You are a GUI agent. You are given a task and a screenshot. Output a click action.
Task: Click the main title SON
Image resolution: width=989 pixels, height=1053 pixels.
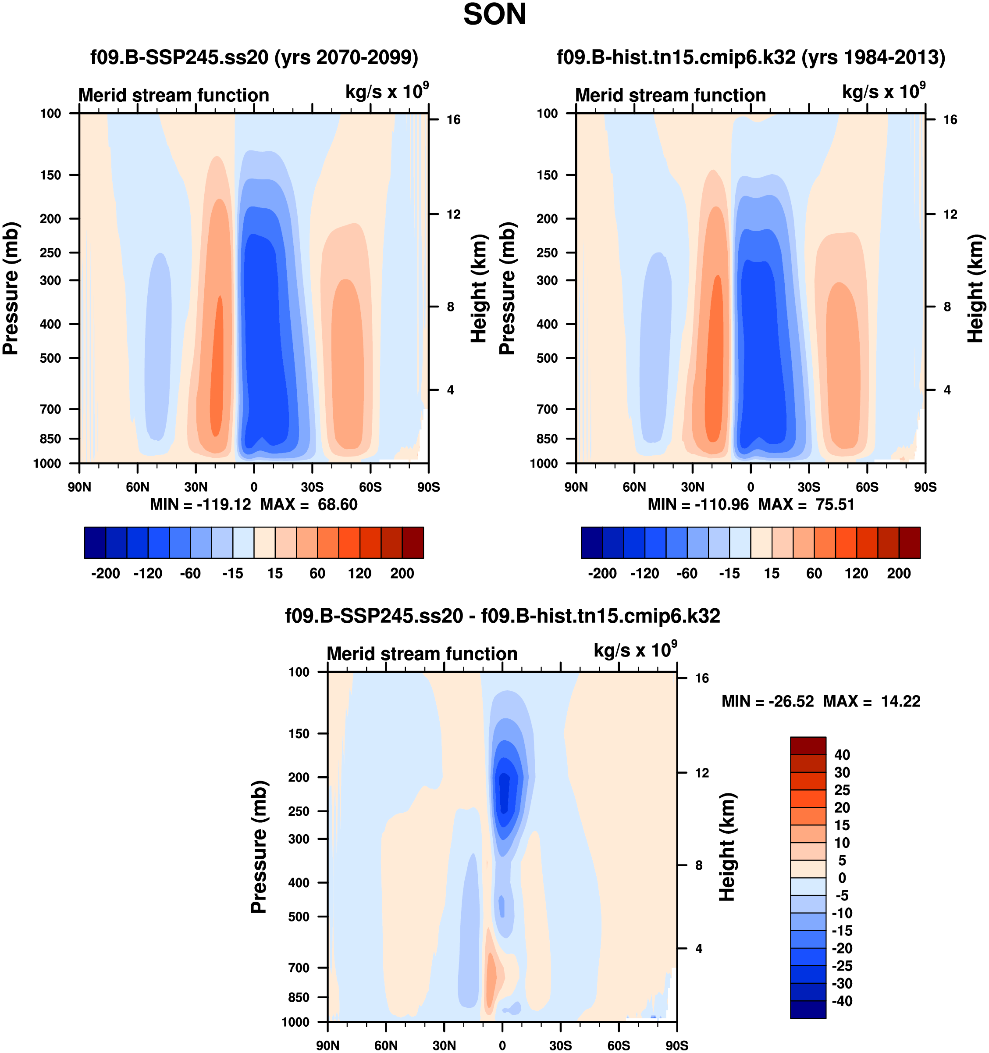pos(494,15)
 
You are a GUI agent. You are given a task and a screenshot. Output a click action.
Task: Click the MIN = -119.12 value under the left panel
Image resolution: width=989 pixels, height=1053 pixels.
pos(201,504)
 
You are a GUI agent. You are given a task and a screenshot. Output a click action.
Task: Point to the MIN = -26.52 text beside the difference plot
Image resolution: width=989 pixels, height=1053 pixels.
pos(768,701)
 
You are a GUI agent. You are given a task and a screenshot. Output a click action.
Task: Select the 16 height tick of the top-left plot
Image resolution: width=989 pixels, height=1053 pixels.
pos(453,120)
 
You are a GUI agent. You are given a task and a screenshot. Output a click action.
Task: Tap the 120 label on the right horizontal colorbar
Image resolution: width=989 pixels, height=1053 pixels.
pos(856,574)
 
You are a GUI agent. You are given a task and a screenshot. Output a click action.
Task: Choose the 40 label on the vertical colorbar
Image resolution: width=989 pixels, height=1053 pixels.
pos(842,755)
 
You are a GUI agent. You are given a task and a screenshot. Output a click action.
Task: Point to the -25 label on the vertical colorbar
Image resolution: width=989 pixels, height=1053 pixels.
pos(842,966)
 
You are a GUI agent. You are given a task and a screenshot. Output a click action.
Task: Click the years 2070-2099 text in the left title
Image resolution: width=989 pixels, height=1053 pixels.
pos(346,57)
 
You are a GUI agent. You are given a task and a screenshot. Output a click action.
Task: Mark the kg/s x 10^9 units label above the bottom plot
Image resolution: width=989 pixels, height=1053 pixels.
pos(635,650)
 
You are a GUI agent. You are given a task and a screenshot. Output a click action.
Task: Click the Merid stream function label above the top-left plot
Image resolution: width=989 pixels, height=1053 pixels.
pos(174,95)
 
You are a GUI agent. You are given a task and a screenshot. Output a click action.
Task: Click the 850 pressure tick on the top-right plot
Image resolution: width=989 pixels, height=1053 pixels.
pos(547,439)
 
